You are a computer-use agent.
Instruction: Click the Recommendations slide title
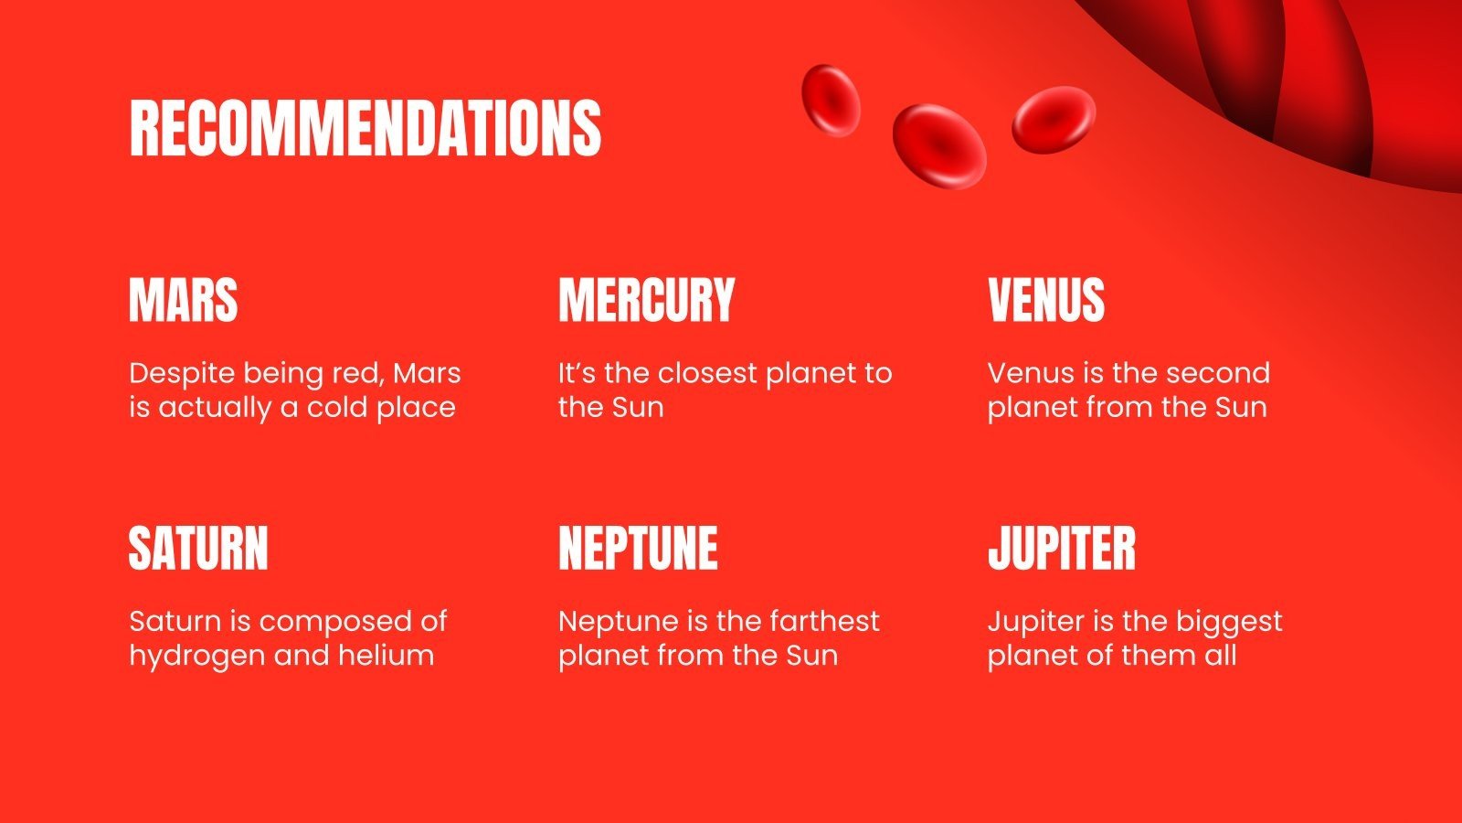(x=365, y=127)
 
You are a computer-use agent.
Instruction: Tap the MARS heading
(x=184, y=300)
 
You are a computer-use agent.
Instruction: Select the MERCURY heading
(x=646, y=300)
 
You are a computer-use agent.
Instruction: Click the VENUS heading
(x=1046, y=300)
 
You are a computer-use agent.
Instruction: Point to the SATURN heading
(x=198, y=548)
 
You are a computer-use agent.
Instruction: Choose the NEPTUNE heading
(x=638, y=548)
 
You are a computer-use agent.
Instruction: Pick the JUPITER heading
(x=1062, y=548)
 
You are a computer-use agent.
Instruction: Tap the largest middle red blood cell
(x=939, y=146)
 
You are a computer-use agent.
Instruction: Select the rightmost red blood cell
(x=1054, y=119)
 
